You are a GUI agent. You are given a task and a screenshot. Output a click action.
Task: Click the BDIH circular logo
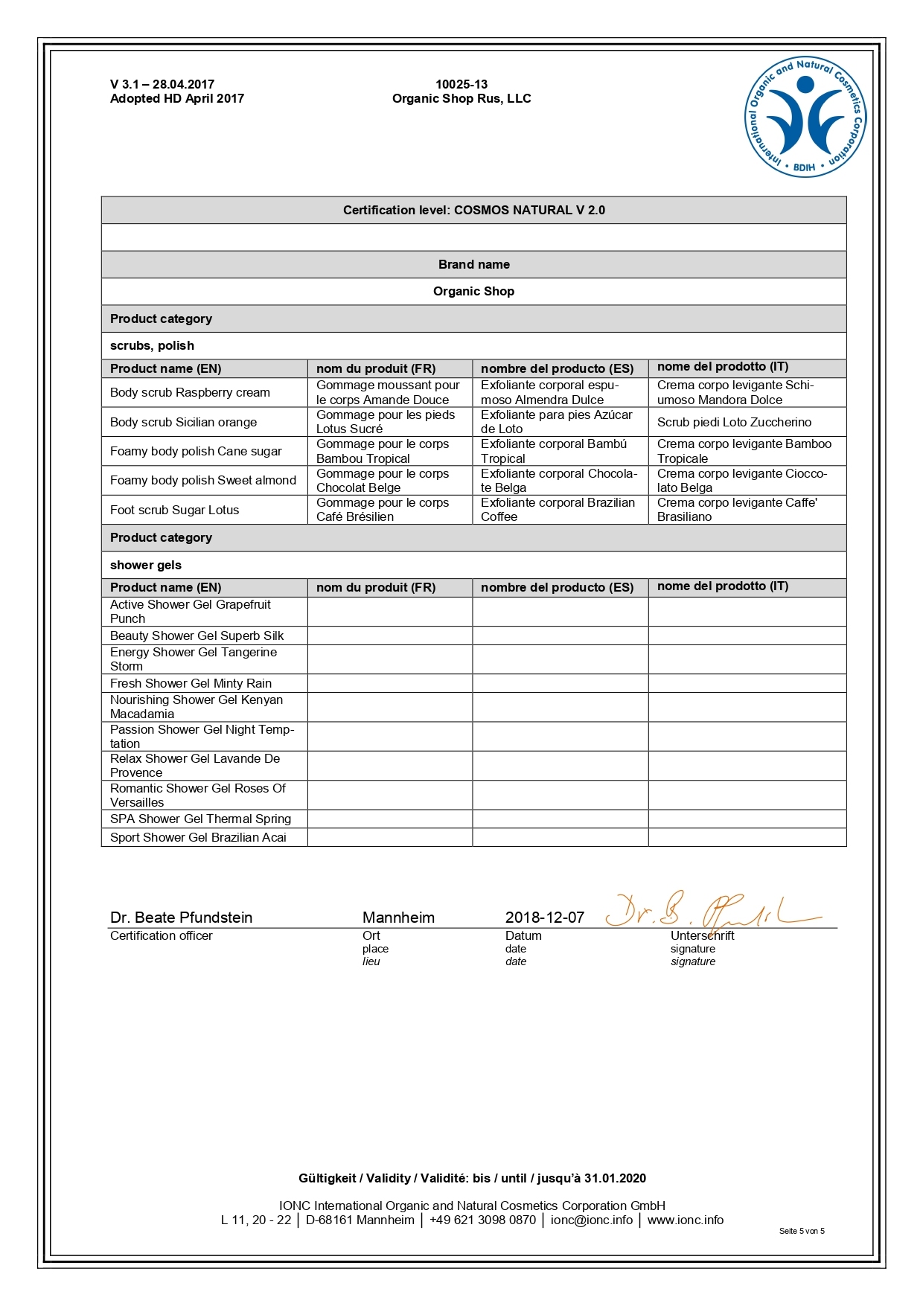point(805,118)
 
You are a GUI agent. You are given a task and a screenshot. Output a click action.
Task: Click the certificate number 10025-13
point(461,85)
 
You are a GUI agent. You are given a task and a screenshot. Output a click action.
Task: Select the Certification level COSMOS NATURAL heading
point(473,211)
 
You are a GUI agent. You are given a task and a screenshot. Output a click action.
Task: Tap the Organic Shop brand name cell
point(473,292)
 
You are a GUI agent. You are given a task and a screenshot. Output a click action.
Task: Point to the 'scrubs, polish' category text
point(152,346)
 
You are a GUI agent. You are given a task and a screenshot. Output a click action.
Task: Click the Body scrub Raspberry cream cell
point(190,393)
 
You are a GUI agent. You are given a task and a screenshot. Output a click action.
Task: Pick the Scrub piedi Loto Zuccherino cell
point(734,423)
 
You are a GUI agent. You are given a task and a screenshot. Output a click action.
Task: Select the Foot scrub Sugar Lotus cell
point(174,510)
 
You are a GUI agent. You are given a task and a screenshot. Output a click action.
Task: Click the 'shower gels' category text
point(145,566)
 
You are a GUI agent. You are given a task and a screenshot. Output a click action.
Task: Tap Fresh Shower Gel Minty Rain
point(191,684)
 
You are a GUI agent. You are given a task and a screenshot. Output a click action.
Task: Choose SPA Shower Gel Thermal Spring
point(200,819)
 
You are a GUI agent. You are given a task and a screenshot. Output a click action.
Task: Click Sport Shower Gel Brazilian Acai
point(198,838)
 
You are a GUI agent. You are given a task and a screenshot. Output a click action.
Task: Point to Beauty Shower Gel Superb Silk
point(197,636)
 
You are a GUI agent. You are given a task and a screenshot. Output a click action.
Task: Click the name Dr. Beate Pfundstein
point(181,918)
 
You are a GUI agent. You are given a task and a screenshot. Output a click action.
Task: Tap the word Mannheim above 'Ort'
point(398,918)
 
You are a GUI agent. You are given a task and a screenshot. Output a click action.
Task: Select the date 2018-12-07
point(544,918)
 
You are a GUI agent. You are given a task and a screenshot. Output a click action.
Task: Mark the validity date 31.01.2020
point(615,1179)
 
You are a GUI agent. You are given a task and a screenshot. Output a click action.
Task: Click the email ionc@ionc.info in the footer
point(591,1220)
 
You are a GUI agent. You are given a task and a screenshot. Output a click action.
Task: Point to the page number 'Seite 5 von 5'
point(802,1231)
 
